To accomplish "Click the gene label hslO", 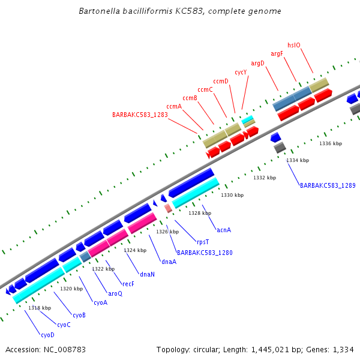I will coord(294,45).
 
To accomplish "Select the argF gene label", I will coord(277,54).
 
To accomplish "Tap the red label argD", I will coord(257,63).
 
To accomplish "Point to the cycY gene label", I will coord(241,72).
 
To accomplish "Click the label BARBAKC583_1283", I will coord(140,115).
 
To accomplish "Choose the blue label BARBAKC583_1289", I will coord(328,186).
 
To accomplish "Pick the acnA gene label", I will coord(224,230).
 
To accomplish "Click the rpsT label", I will coord(203,242).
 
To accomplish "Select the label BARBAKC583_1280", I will coord(205,253).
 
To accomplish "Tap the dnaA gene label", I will coord(169,262).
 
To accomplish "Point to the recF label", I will coord(128,284).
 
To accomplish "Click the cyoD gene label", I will coord(47,334).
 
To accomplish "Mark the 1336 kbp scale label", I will coord(331,144).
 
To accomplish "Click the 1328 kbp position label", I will coord(200,213).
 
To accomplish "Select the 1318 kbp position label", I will coord(40,308).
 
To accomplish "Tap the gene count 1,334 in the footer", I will coord(342,349).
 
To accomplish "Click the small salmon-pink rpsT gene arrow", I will coord(168,208).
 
